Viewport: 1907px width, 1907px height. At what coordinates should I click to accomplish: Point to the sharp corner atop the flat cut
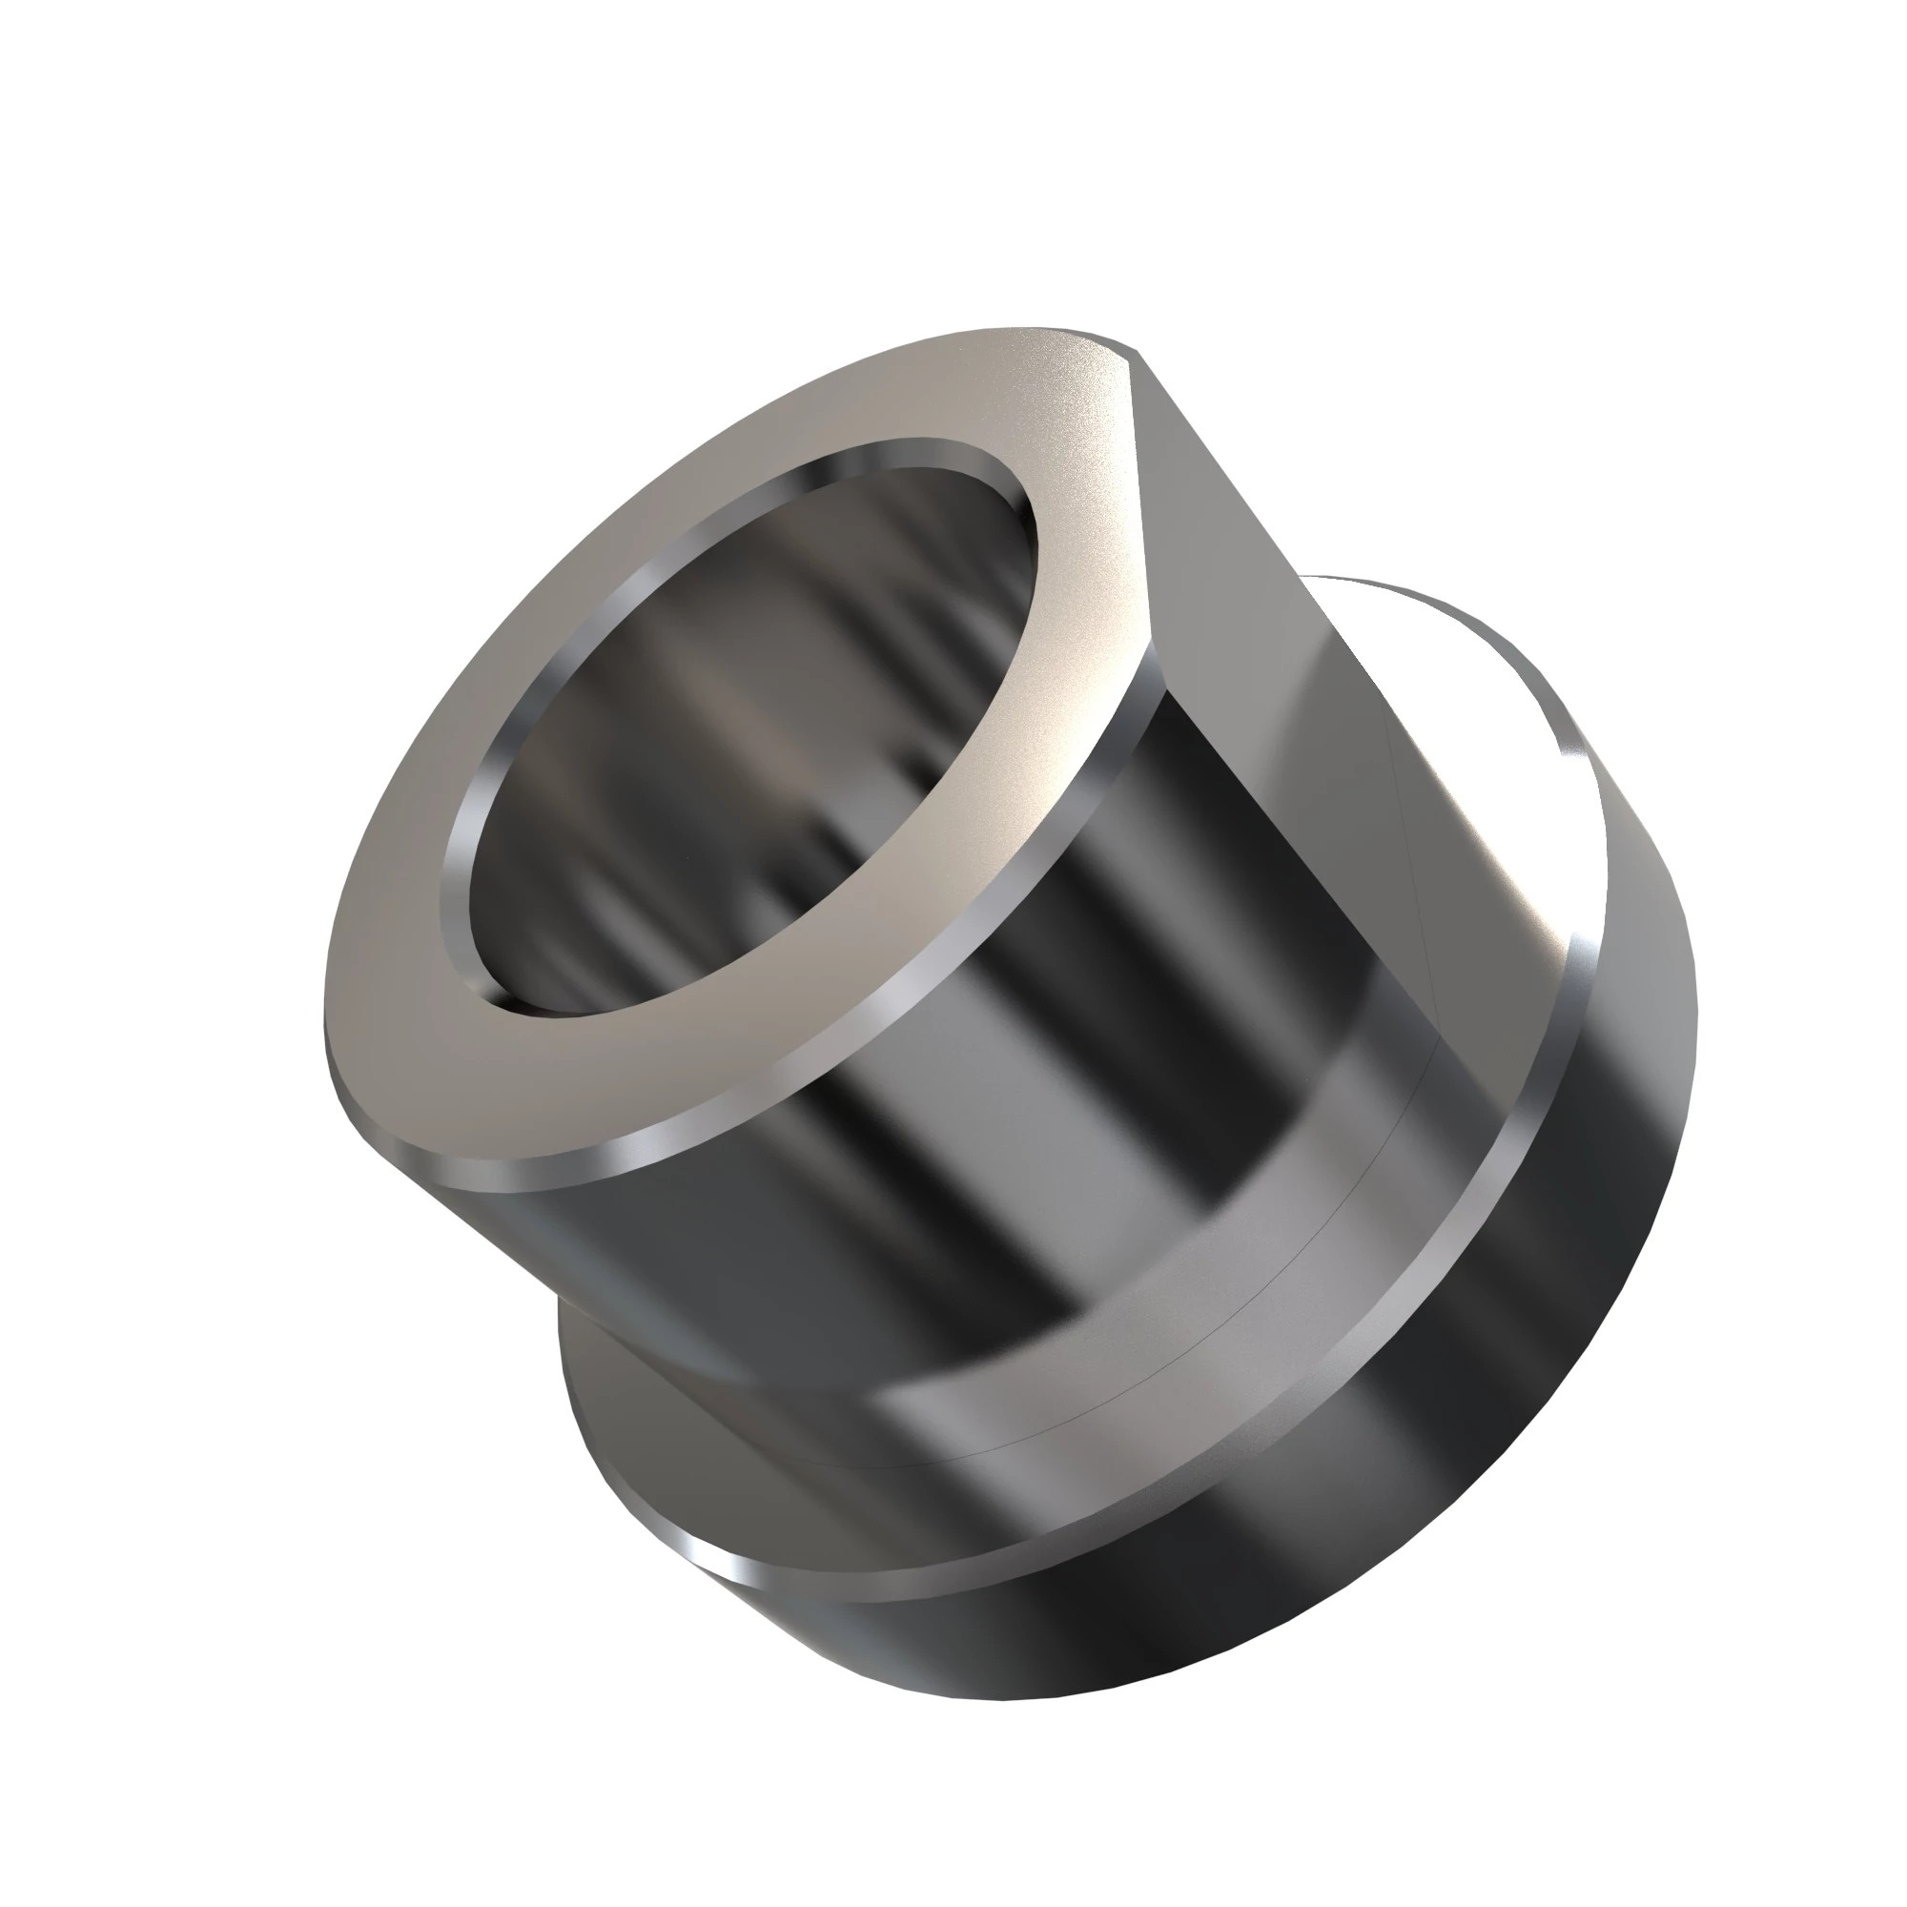click(x=1135, y=349)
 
